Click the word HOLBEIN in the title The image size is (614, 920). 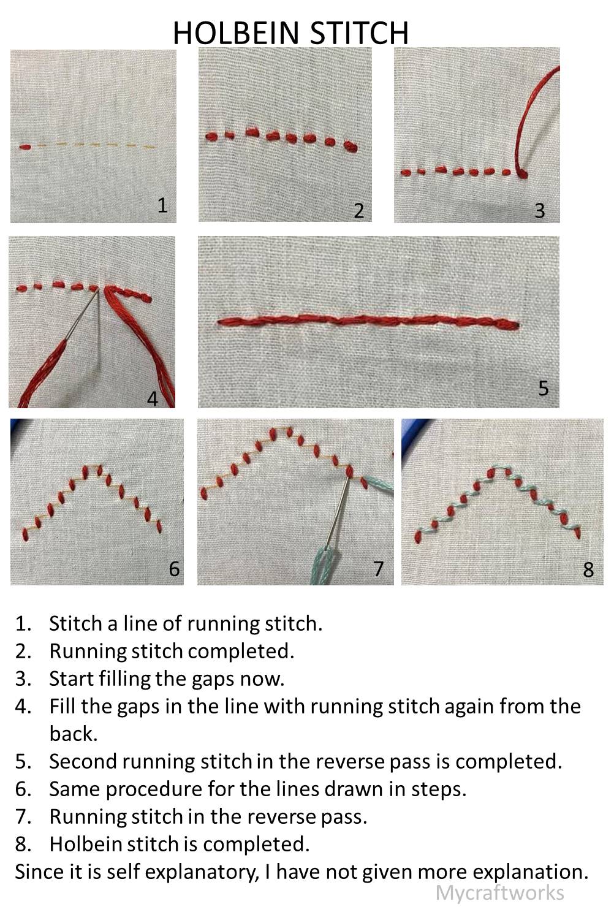coord(237,33)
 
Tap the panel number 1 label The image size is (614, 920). coord(162,205)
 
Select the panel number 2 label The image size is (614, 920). coord(358,210)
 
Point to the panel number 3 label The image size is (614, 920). coord(539,210)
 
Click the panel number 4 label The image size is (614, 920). coord(153,398)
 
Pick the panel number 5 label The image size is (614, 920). coord(543,388)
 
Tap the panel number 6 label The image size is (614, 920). coord(174,569)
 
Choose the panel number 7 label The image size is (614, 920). coord(378,569)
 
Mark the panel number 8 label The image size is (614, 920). coord(588,569)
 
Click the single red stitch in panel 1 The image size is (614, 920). coord(25,146)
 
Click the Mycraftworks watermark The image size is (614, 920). coord(499,892)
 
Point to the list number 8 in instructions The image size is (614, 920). coord(23,844)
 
